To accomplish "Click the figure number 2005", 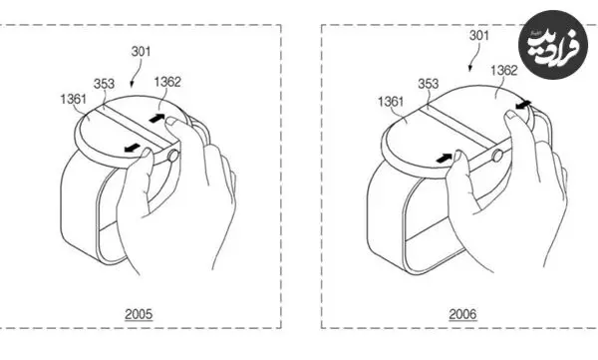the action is [139, 314].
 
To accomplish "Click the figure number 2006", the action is [462, 314].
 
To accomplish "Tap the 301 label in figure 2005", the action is [142, 52].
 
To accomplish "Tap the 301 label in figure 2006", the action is [479, 36].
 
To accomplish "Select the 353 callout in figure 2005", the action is [104, 84].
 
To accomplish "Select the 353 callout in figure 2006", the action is [429, 84].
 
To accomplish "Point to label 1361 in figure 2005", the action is [74, 100].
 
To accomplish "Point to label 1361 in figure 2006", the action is [391, 102].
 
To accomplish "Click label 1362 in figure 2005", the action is [167, 82].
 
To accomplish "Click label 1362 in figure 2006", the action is [503, 70].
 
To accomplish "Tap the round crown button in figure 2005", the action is [173, 156].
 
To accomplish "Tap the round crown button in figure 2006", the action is [497, 156].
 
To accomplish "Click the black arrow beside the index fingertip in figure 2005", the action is [157, 118].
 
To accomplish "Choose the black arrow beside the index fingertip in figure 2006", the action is [522, 104].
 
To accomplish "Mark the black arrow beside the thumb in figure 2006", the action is [445, 157].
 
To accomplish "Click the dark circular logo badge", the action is [553, 45].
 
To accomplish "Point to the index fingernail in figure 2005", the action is [171, 121].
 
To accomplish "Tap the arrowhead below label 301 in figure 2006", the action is [469, 69].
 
